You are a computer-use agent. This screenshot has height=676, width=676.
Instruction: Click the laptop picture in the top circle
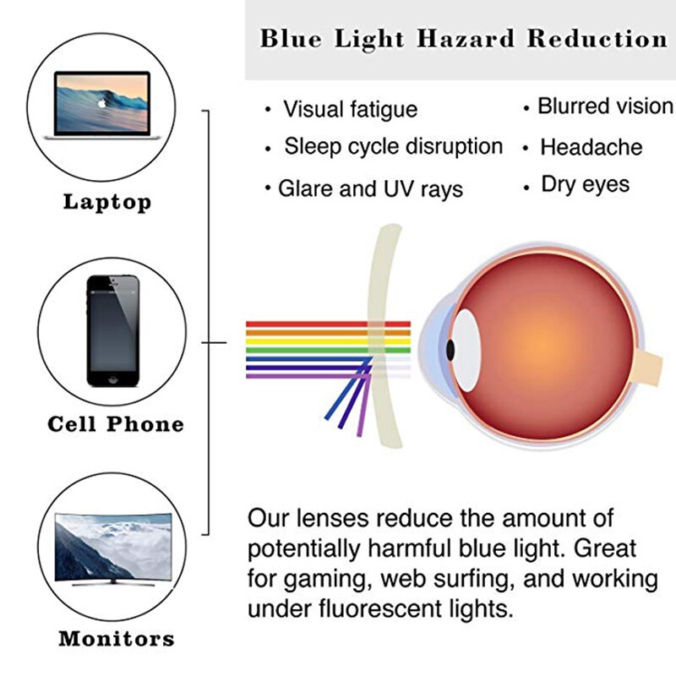pos(101,104)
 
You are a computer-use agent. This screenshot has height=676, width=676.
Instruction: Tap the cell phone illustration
pos(112,329)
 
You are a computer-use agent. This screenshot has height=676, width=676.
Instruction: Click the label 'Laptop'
pos(107,202)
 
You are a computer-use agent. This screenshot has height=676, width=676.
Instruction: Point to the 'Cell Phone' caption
pos(116,423)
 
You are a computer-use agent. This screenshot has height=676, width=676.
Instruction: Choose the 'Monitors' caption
pos(117,639)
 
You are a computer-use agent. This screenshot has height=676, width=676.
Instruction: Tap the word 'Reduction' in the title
pos(597,39)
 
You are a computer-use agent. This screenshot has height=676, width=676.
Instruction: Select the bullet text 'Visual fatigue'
pos(350,109)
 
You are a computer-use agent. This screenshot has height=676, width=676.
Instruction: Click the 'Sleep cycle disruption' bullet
pos(393,146)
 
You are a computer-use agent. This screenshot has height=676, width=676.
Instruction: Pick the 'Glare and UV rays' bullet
pos(370,188)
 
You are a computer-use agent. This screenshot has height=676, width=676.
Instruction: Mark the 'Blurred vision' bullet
pos(605,106)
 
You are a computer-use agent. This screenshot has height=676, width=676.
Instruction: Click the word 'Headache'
pos(591,147)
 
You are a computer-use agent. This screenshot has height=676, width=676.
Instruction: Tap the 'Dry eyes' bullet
pos(585,184)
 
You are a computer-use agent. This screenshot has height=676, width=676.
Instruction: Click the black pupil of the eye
pos(452,347)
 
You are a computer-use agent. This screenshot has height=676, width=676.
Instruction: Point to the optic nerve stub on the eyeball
pos(651,366)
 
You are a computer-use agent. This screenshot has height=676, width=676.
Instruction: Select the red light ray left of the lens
pos(304,324)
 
